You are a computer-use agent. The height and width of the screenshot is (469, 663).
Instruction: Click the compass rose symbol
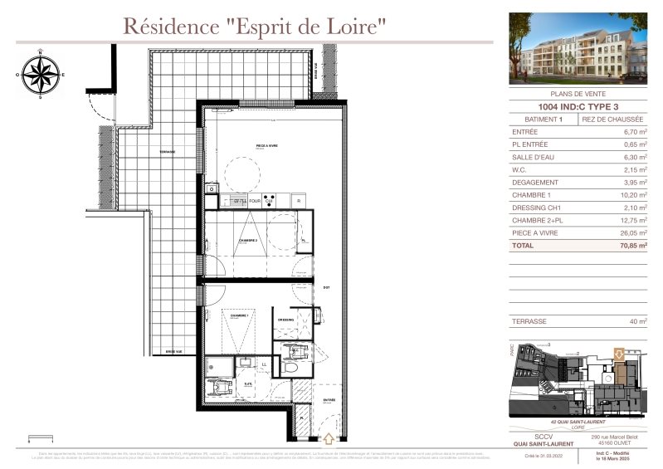(40, 73)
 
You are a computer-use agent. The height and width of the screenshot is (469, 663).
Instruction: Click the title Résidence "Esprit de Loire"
(255, 26)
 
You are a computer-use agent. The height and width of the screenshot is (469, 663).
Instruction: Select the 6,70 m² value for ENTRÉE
(635, 131)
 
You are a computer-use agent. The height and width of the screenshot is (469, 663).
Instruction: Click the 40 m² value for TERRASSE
(637, 320)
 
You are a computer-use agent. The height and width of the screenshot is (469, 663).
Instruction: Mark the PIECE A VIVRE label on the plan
(266, 146)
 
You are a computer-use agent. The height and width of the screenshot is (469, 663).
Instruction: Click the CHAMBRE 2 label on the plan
(248, 241)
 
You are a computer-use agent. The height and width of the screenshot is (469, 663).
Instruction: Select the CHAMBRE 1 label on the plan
(240, 316)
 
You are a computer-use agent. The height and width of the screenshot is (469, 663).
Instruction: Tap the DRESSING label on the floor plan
(286, 319)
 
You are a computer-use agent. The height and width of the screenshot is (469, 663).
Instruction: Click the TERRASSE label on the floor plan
(168, 152)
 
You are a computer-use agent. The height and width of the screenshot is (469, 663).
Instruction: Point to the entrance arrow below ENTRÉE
(329, 437)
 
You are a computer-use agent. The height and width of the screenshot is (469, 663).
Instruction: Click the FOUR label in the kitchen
(256, 201)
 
